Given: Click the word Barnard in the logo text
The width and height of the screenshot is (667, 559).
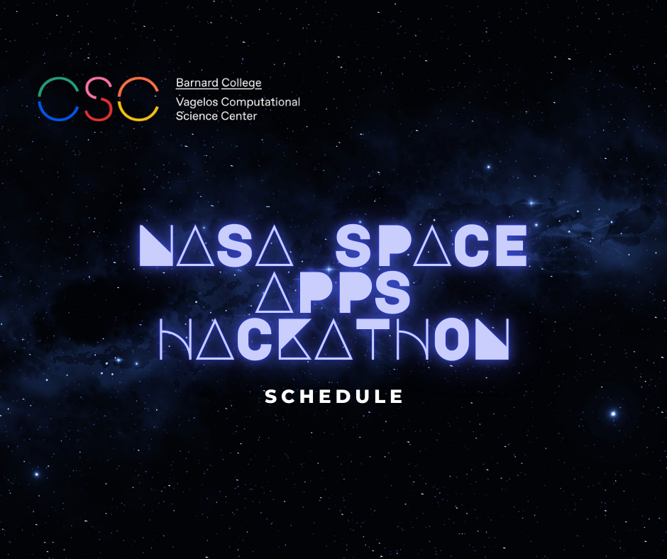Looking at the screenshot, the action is tap(197, 82).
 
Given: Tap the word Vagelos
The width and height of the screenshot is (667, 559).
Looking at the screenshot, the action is tap(197, 103).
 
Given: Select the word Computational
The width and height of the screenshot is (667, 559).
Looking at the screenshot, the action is tap(260, 103).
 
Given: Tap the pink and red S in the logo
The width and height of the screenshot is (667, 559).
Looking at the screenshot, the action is tap(99, 99).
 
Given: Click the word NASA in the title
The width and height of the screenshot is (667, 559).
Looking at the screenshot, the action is tap(216, 245).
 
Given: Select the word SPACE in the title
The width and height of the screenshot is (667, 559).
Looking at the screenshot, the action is tap(431, 245).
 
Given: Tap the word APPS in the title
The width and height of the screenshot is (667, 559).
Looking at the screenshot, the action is tap(333, 293).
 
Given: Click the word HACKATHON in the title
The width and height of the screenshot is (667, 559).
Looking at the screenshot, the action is tap(334, 339).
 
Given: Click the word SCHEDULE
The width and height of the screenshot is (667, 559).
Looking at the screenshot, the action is tap(334, 397).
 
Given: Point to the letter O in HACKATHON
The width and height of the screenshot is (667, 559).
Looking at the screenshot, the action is tap(451, 339).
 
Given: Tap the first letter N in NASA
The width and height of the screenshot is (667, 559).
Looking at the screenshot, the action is tap(157, 245).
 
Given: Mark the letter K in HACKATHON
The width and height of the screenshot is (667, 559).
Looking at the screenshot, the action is tap(294, 339).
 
